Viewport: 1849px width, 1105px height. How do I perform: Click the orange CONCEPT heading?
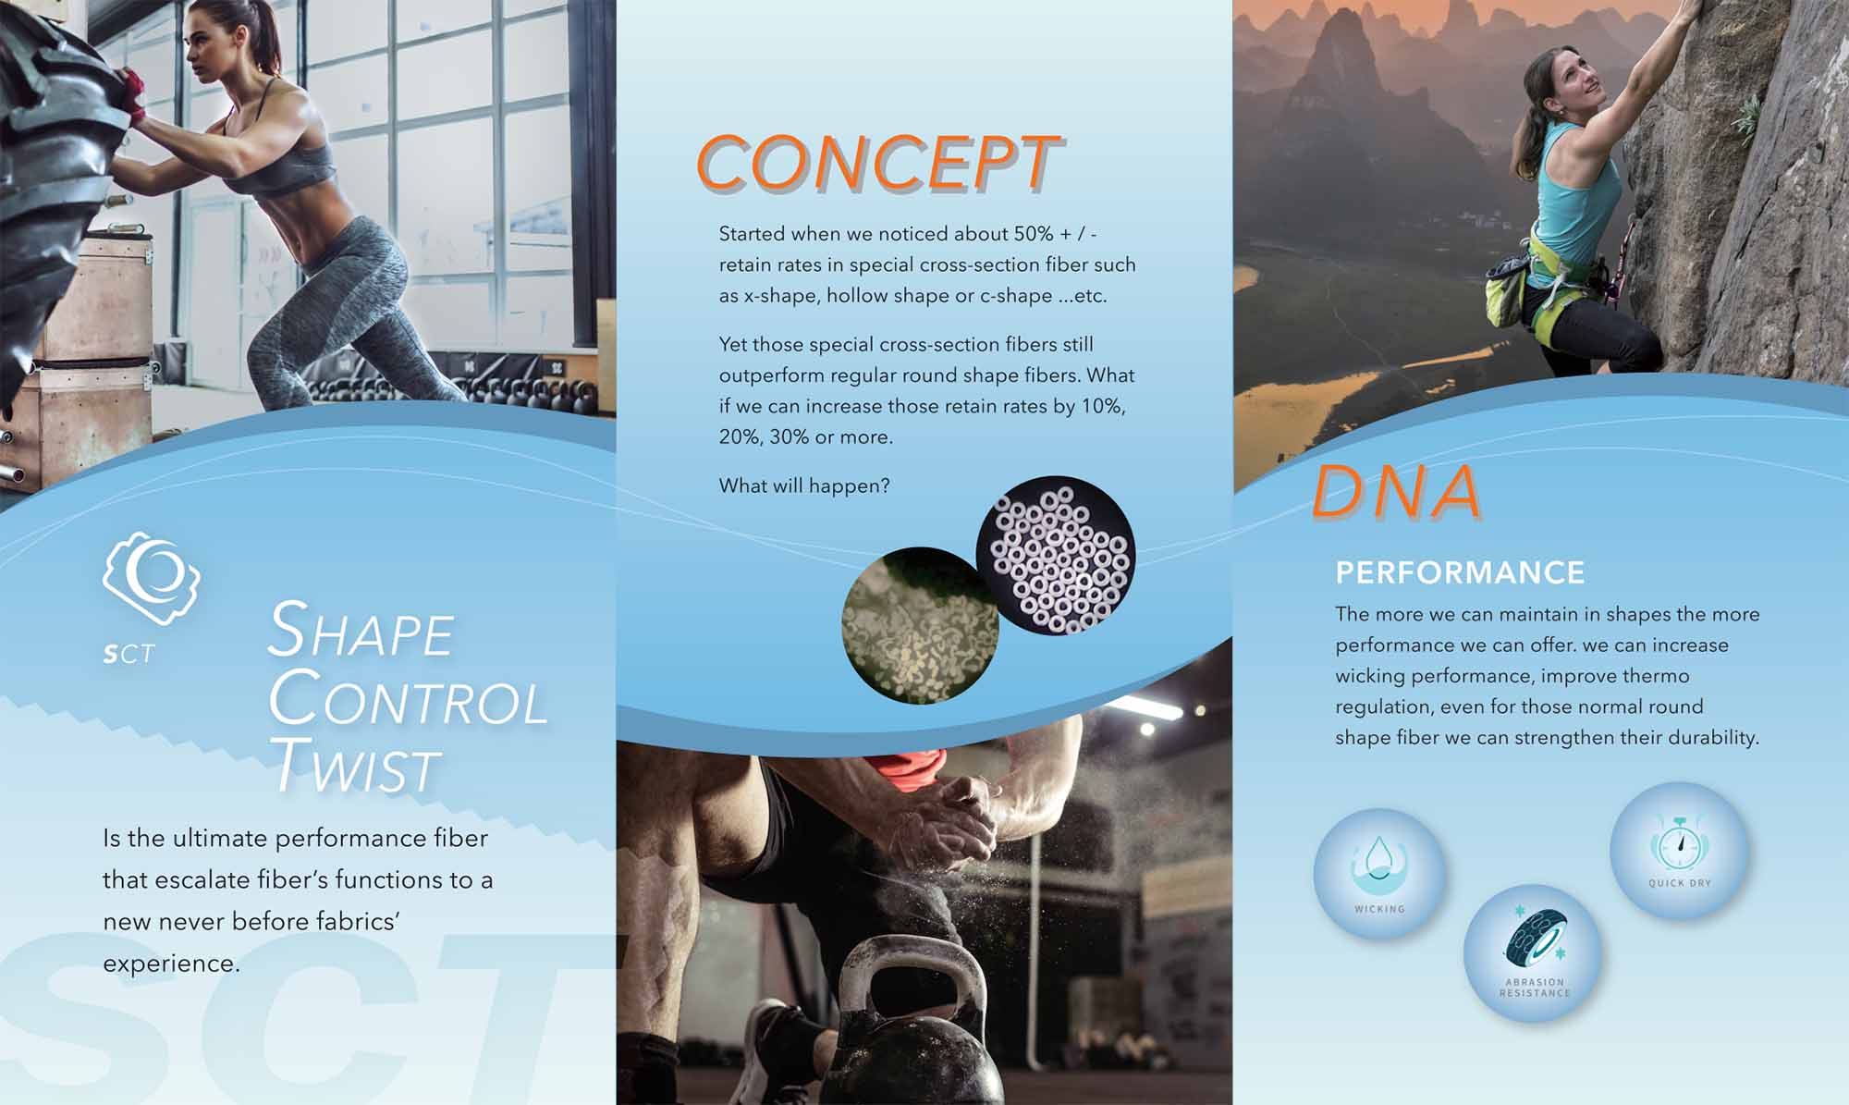(878, 164)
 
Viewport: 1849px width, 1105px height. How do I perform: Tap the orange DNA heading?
(1396, 491)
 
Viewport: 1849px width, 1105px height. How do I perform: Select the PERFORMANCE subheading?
(1460, 573)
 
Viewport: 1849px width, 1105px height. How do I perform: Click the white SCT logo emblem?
(151, 579)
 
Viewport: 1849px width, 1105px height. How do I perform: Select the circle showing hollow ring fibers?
(1056, 557)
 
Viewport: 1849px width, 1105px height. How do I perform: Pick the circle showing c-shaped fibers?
(921, 624)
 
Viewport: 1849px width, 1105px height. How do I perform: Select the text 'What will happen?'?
(804, 486)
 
